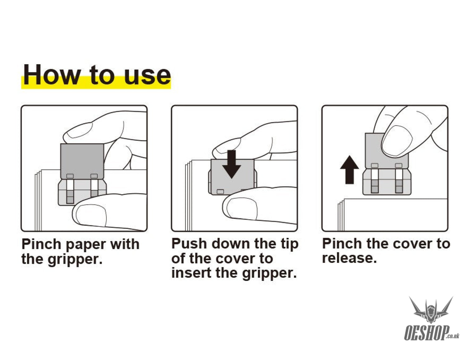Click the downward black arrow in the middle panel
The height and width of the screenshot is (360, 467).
tap(231, 164)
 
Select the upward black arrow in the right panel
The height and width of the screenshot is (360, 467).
tap(349, 170)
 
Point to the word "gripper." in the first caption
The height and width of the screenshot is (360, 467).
tap(75, 260)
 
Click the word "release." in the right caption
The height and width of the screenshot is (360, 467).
tap(349, 258)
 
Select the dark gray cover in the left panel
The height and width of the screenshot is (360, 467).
tap(82, 161)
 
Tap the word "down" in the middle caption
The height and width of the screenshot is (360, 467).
tap(231, 244)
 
